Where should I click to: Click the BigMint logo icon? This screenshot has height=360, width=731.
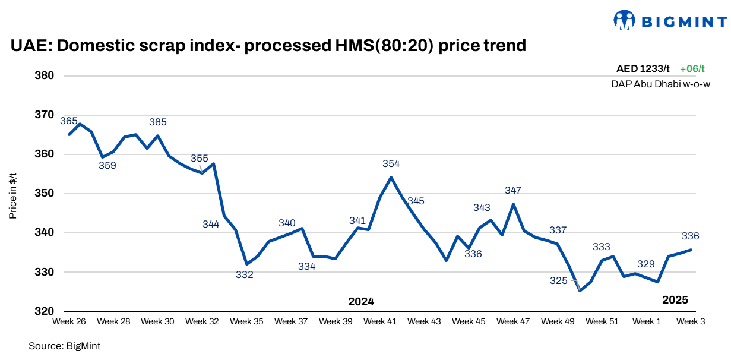point(624,20)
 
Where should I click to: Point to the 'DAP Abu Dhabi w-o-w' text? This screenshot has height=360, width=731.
point(660,84)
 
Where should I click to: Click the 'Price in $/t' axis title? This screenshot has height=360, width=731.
point(12,193)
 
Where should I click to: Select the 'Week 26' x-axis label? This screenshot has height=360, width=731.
point(69,321)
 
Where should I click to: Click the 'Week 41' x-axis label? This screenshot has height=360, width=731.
point(380,321)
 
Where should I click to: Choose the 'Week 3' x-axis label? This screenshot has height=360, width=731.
point(691,321)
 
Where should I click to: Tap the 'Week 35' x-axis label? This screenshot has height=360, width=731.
point(246,321)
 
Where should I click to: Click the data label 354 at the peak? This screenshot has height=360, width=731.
point(391,163)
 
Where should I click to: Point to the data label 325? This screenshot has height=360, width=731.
point(559,281)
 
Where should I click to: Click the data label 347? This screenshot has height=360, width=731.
point(513,191)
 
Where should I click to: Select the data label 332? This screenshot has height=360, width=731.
point(245,275)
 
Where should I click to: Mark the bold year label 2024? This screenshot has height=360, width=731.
point(361,301)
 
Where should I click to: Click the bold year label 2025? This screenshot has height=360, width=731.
point(675,300)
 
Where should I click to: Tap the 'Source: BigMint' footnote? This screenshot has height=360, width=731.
point(60,345)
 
